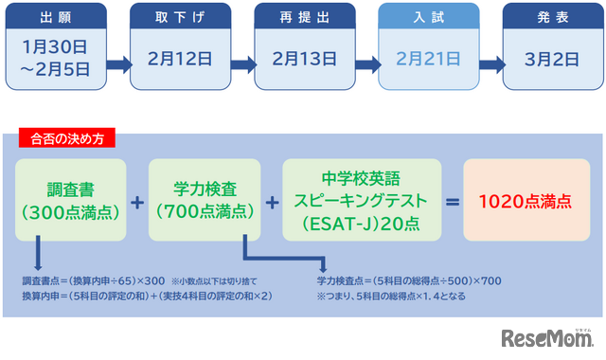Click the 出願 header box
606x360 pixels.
point(54,18)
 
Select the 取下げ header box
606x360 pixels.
point(181,18)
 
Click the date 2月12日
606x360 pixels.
point(181,57)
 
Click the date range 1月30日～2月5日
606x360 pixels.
point(54,58)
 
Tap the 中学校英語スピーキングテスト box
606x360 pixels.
point(363,200)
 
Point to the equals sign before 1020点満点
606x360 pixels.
point(453,201)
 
